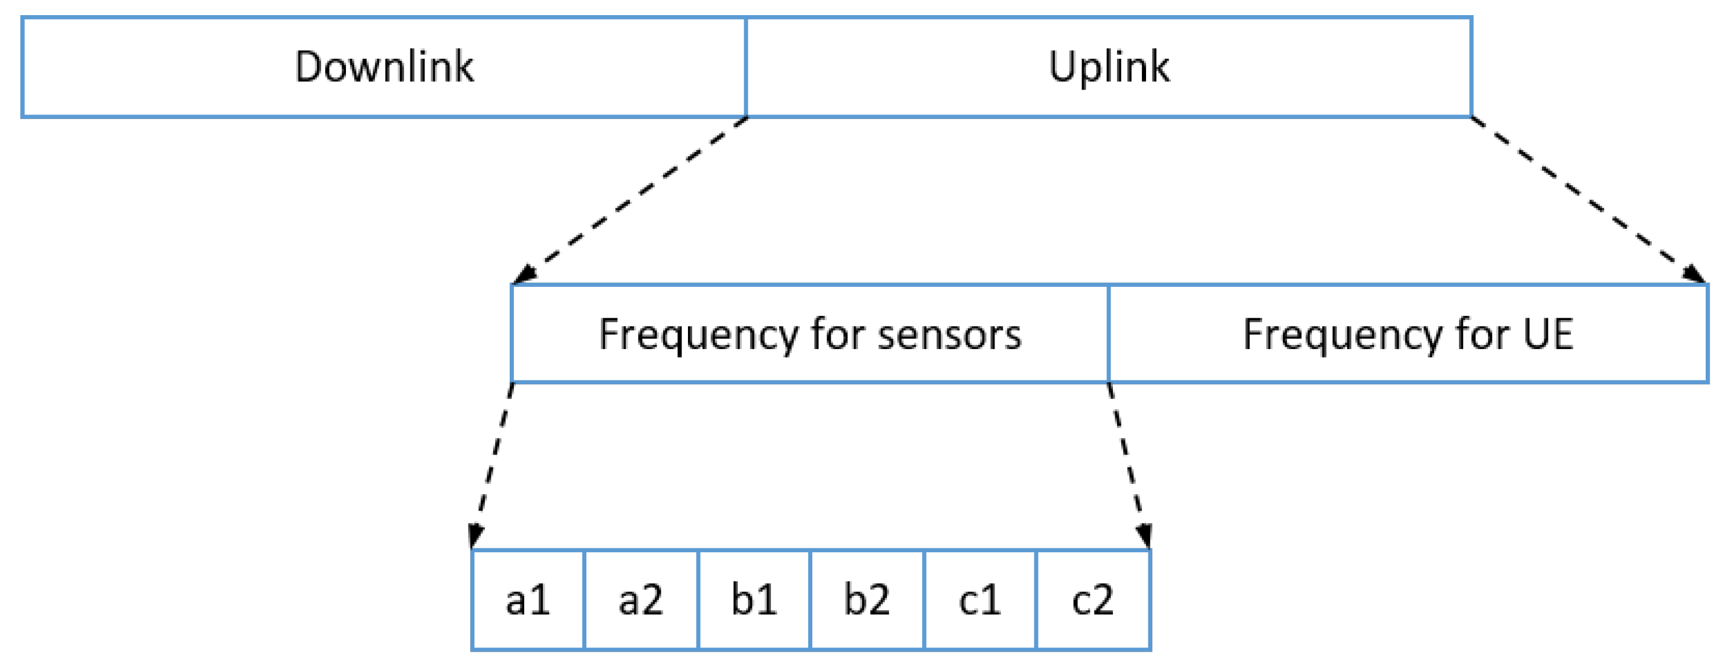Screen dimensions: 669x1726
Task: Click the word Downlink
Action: [384, 67]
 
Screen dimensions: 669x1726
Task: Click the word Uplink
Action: [1109, 67]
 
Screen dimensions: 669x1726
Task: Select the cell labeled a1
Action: [528, 600]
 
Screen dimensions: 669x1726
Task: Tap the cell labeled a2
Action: [640, 600]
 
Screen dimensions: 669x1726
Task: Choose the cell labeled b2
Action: [866, 600]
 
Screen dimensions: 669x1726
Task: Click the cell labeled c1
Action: [979, 600]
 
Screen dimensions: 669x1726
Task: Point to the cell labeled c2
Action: [1093, 600]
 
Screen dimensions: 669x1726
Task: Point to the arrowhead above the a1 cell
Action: [475, 535]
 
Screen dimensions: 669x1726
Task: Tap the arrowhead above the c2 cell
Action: [1144, 535]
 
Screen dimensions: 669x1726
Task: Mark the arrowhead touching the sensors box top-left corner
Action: [525, 274]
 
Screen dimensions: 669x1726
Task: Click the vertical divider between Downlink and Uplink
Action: [746, 67]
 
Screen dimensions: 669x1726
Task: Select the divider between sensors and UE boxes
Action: [1109, 334]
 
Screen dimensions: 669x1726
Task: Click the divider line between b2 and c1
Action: [924, 600]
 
